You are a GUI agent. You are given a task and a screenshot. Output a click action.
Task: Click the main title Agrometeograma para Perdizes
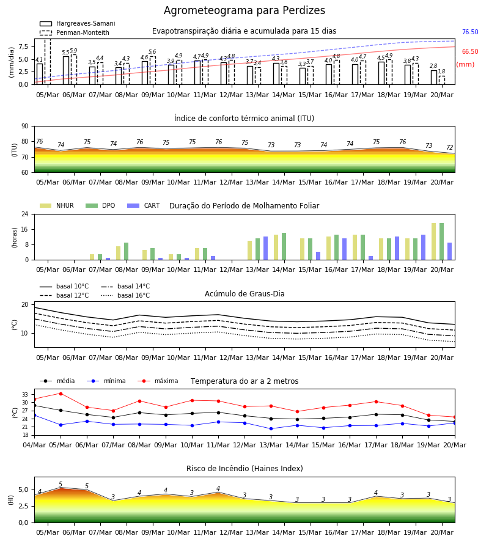pos(244,10)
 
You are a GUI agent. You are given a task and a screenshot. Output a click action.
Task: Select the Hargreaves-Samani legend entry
pos(77,23)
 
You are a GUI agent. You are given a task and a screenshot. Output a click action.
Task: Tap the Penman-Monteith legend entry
pos(75,32)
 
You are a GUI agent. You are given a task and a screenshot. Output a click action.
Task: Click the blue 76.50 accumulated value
pos(470,32)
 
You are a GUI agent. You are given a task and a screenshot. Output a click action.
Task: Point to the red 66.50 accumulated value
pos(470,51)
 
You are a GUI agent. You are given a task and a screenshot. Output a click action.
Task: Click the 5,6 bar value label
pos(152,52)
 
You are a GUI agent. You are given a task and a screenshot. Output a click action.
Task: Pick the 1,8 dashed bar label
pos(441,71)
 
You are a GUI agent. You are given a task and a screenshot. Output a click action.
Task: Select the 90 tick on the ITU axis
pos(25,127)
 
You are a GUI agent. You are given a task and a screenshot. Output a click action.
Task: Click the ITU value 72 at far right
pos(450,147)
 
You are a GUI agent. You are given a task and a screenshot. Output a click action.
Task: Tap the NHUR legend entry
pos(57,205)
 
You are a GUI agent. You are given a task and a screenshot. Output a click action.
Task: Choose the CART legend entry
pos(144,205)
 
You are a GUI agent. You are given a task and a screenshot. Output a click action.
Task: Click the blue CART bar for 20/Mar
pos(450,251)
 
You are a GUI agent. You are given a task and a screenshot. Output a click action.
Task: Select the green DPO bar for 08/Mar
pos(127,251)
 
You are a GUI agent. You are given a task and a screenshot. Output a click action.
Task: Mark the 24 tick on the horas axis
pos(25,214)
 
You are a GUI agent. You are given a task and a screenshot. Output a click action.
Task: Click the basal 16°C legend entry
pos(125,295)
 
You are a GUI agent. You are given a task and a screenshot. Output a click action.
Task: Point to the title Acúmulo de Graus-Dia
pos(244,294)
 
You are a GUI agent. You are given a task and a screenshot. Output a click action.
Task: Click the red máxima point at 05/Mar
pos(61,394)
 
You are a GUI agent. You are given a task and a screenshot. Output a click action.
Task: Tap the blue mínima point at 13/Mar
pos(271,428)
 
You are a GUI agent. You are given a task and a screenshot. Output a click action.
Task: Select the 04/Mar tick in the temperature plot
pos(34,445)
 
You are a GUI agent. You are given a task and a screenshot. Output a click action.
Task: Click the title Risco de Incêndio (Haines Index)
pos(244,469)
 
